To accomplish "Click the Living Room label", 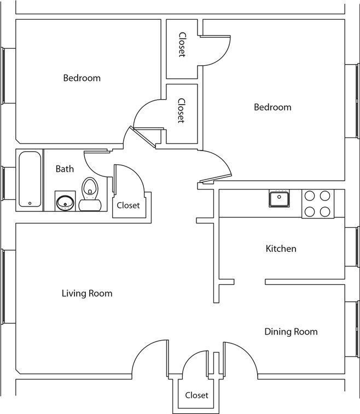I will point(87,294).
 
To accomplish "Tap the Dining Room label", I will point(291,331).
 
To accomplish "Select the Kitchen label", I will point(281,249).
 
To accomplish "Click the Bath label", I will point(65,169).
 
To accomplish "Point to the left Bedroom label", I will point(82,78).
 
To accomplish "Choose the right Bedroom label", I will point(272,107).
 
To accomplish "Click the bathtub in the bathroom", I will point(31,179).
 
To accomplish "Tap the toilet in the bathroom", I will point(89,194).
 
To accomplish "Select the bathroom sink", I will point(65,202).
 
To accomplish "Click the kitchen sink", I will point(279,198).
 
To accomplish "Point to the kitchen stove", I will point(317,204).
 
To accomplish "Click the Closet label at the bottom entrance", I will point(196,395).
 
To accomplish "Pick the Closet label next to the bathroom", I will point(128,205).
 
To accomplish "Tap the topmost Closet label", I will point(182,44).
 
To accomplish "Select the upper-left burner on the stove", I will point(310,196).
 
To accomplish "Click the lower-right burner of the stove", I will point(325,211).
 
